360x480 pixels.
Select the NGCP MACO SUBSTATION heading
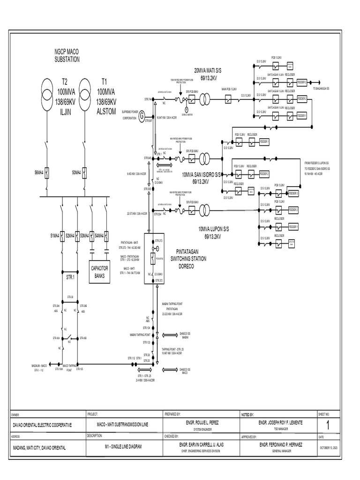pos(67,56)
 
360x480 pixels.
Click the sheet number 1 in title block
pos(328,425)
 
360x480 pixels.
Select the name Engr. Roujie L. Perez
pos(200,422)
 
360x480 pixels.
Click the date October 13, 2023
pos(328,448)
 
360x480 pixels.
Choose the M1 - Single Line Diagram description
pos(123,447)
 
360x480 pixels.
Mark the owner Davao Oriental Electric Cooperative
pos(42,425)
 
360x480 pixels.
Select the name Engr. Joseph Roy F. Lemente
pos(277,422)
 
